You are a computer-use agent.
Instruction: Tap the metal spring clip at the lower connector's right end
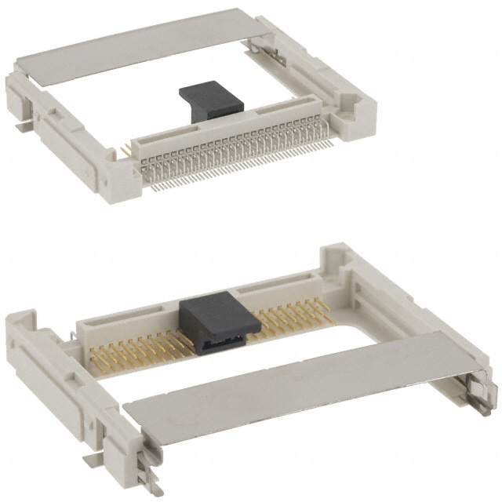(x=480, y=392)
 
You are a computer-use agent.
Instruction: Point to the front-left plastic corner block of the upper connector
(x=122, y=176)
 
